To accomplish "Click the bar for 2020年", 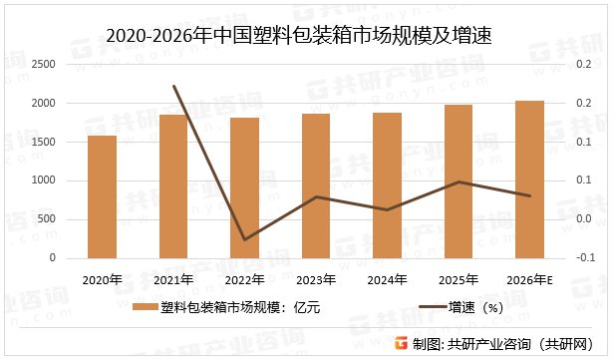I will [x=102, y=196].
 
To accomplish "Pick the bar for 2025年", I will [x=459, y=181].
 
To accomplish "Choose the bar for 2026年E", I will [x=529, y=180].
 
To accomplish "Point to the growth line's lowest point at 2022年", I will [x=245, y=240].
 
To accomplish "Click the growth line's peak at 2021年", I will [x=173, y=86].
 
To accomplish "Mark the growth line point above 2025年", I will [x=459, y=181].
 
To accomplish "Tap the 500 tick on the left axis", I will [x=47, y=219].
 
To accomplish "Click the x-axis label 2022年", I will [x=245, y=280].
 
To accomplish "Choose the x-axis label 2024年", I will [x=387, y=280].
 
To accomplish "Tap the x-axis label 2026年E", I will [x=529, y=280].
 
